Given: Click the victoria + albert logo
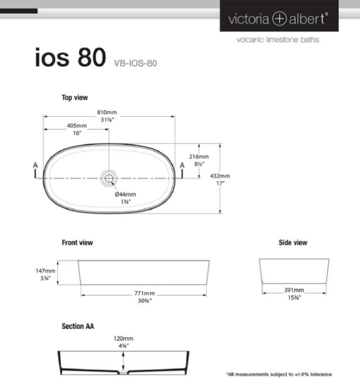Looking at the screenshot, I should tap(279, 19).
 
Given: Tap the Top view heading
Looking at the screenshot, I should tap(75, 98).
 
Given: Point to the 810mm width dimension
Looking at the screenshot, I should tap(107, 112).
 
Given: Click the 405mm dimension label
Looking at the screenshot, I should tap(77, 126).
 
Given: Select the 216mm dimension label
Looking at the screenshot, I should tap(199, 157).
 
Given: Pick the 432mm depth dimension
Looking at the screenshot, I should tap(220, 176).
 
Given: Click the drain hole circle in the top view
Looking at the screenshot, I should tap(109, 177).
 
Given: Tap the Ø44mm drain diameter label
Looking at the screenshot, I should tap(125, 194).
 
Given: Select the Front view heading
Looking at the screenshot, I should tap(77, 243).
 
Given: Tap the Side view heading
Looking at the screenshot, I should tap(293, 243).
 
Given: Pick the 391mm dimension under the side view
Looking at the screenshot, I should tap(294, 291).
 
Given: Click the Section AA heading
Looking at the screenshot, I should tap(78, 326).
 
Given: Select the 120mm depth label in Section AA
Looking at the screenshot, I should tap(124, 339).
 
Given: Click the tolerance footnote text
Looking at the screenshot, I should tap(279, 374).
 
